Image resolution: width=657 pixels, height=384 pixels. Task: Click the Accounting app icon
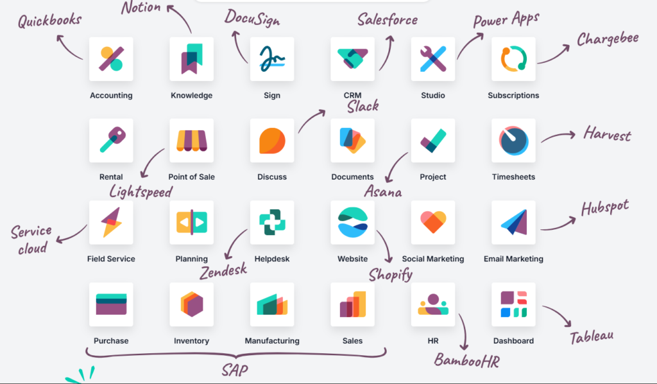(111, 58)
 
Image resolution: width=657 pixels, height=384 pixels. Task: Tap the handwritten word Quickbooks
(49, 20)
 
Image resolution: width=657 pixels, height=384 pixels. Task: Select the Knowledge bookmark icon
(191, 58)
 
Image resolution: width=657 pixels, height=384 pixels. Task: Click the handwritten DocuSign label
(252, 18)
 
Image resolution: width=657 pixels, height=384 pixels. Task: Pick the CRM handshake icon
(352, 58)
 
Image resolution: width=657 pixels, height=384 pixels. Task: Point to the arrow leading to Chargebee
(554, 55)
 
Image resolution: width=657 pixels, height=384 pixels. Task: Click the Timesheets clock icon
(513, 141)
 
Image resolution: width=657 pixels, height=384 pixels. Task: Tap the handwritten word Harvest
(607, 134)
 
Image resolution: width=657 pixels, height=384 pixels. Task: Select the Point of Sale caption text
(191, 177)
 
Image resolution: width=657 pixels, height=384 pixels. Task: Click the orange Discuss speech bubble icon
(272, 141)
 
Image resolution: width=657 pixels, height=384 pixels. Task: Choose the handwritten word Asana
(383, 191)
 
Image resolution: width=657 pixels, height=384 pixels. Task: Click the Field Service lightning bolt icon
(111, 222)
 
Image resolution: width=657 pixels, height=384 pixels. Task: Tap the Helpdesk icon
(272, 222)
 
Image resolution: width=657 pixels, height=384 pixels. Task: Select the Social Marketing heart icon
(433, 222)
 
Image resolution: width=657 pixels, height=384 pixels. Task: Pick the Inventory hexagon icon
(191, 304)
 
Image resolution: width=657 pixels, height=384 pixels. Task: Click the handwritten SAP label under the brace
(235, 370)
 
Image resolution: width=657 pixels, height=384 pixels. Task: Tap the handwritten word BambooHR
(467, 360)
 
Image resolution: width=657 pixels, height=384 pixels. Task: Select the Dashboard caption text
(513, 341)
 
